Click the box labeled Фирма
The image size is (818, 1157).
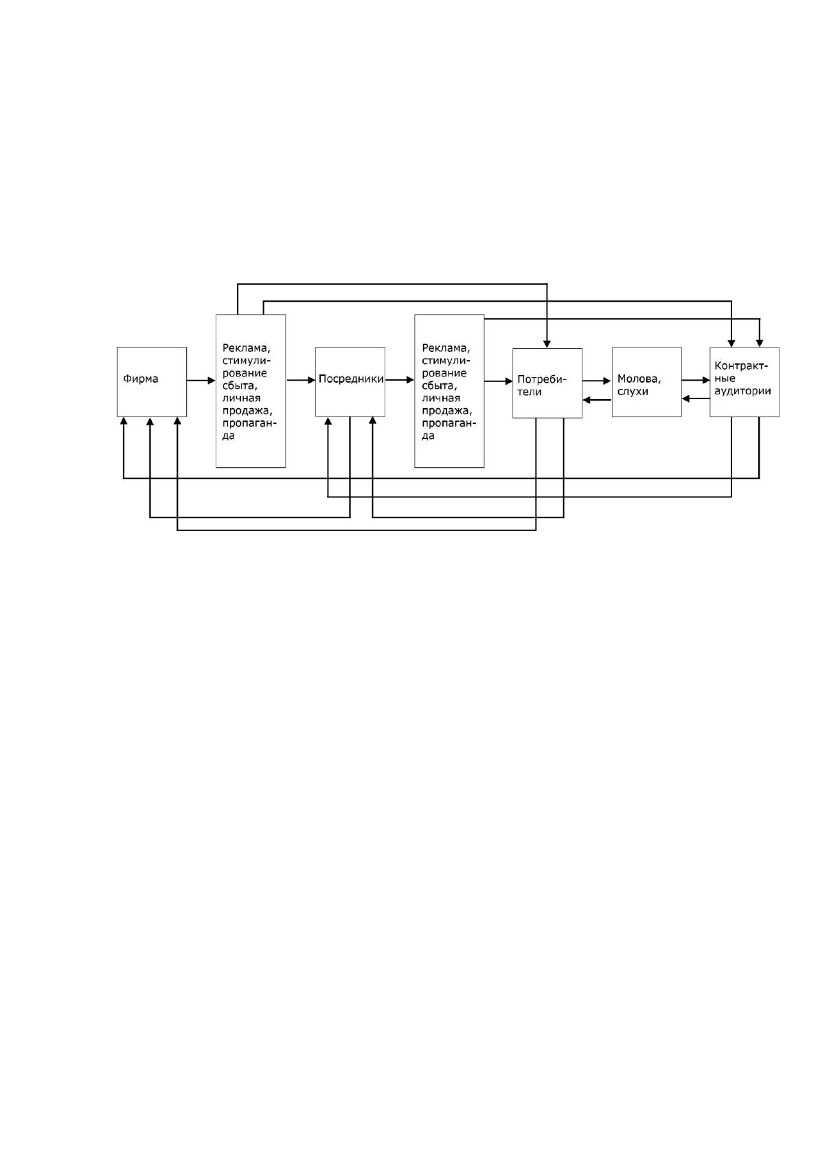pos(152,382)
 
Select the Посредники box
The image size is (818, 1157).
pos(350,382)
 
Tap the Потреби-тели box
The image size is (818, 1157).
pos(547,383)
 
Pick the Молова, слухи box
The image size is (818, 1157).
pos(646,382)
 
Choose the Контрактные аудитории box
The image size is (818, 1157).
pos(744,382)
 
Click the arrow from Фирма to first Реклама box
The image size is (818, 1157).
pos(201,381)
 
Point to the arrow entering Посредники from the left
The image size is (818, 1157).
pos(301,380)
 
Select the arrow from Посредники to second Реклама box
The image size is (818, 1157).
pos(400,380)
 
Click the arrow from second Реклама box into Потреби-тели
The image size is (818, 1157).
pos(499,381)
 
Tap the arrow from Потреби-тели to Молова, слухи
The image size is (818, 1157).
pos(597,381)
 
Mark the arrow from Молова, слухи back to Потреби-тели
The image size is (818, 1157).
pos(597,400)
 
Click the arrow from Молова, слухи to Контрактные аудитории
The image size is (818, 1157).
pos(696,380)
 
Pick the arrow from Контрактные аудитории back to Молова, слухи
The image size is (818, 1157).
pos(696,398)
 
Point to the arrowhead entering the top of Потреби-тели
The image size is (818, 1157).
pos(547,344)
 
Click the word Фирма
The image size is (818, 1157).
pos(141,379)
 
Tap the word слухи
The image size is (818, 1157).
pos(633,392)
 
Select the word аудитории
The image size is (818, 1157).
pos(742,391)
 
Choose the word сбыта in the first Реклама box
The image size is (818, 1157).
pos(240,385)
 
